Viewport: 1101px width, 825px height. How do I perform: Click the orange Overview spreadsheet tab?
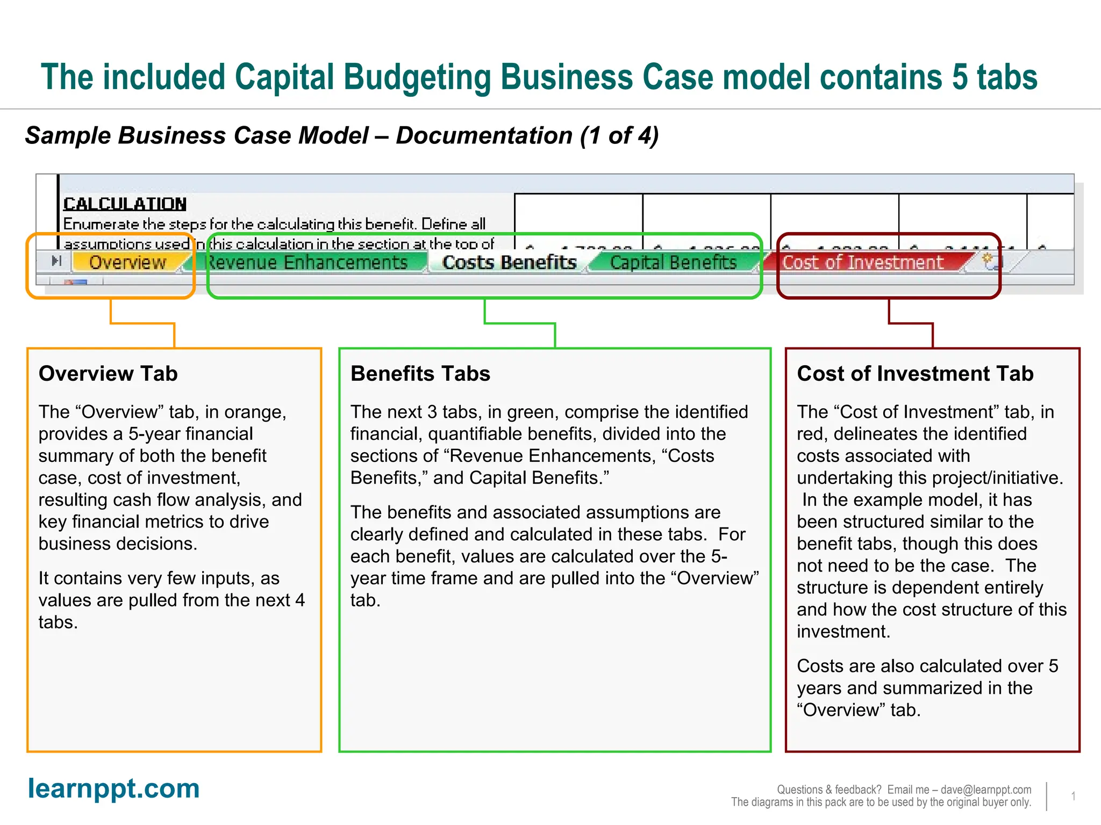pos(127,262)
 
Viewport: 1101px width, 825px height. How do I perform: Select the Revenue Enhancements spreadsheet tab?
pos(308,262)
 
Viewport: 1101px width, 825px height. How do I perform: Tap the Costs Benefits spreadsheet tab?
pos(509,262)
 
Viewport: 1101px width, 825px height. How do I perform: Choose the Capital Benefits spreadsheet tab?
pos(673,262)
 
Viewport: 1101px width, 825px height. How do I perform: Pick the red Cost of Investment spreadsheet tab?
pos(862,262)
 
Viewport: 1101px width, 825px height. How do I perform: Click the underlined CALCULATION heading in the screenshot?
pos(125,204)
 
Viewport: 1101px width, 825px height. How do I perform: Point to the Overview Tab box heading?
pos(108,373)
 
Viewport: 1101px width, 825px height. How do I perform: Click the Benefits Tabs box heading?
pos(420,373)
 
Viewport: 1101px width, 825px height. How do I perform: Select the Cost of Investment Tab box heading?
pos(915,373)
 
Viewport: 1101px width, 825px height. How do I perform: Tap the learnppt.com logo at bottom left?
pos(113,788)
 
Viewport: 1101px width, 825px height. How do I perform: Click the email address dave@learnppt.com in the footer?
pos(986,790)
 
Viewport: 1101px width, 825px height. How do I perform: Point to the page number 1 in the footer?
pos(1073,796)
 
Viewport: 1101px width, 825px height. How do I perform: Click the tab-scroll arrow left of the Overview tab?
pos(56,262)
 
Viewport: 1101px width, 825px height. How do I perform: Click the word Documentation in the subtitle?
pos(484,136)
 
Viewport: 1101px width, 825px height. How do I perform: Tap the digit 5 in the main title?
pos(960,77)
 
